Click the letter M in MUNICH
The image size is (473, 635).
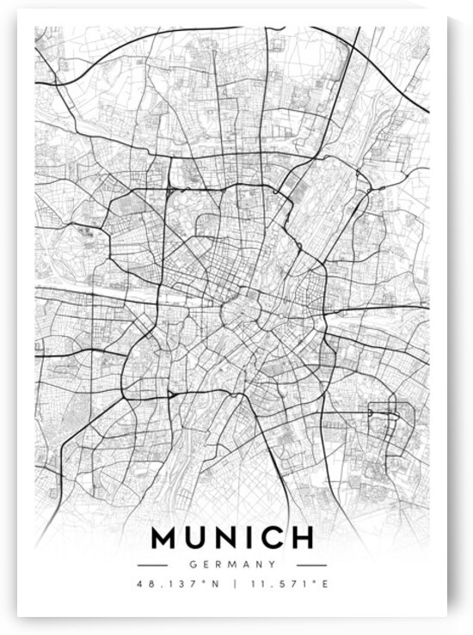click(166, 538)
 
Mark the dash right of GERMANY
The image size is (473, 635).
click(311, 565)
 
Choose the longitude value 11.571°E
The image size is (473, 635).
click(287, 586)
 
